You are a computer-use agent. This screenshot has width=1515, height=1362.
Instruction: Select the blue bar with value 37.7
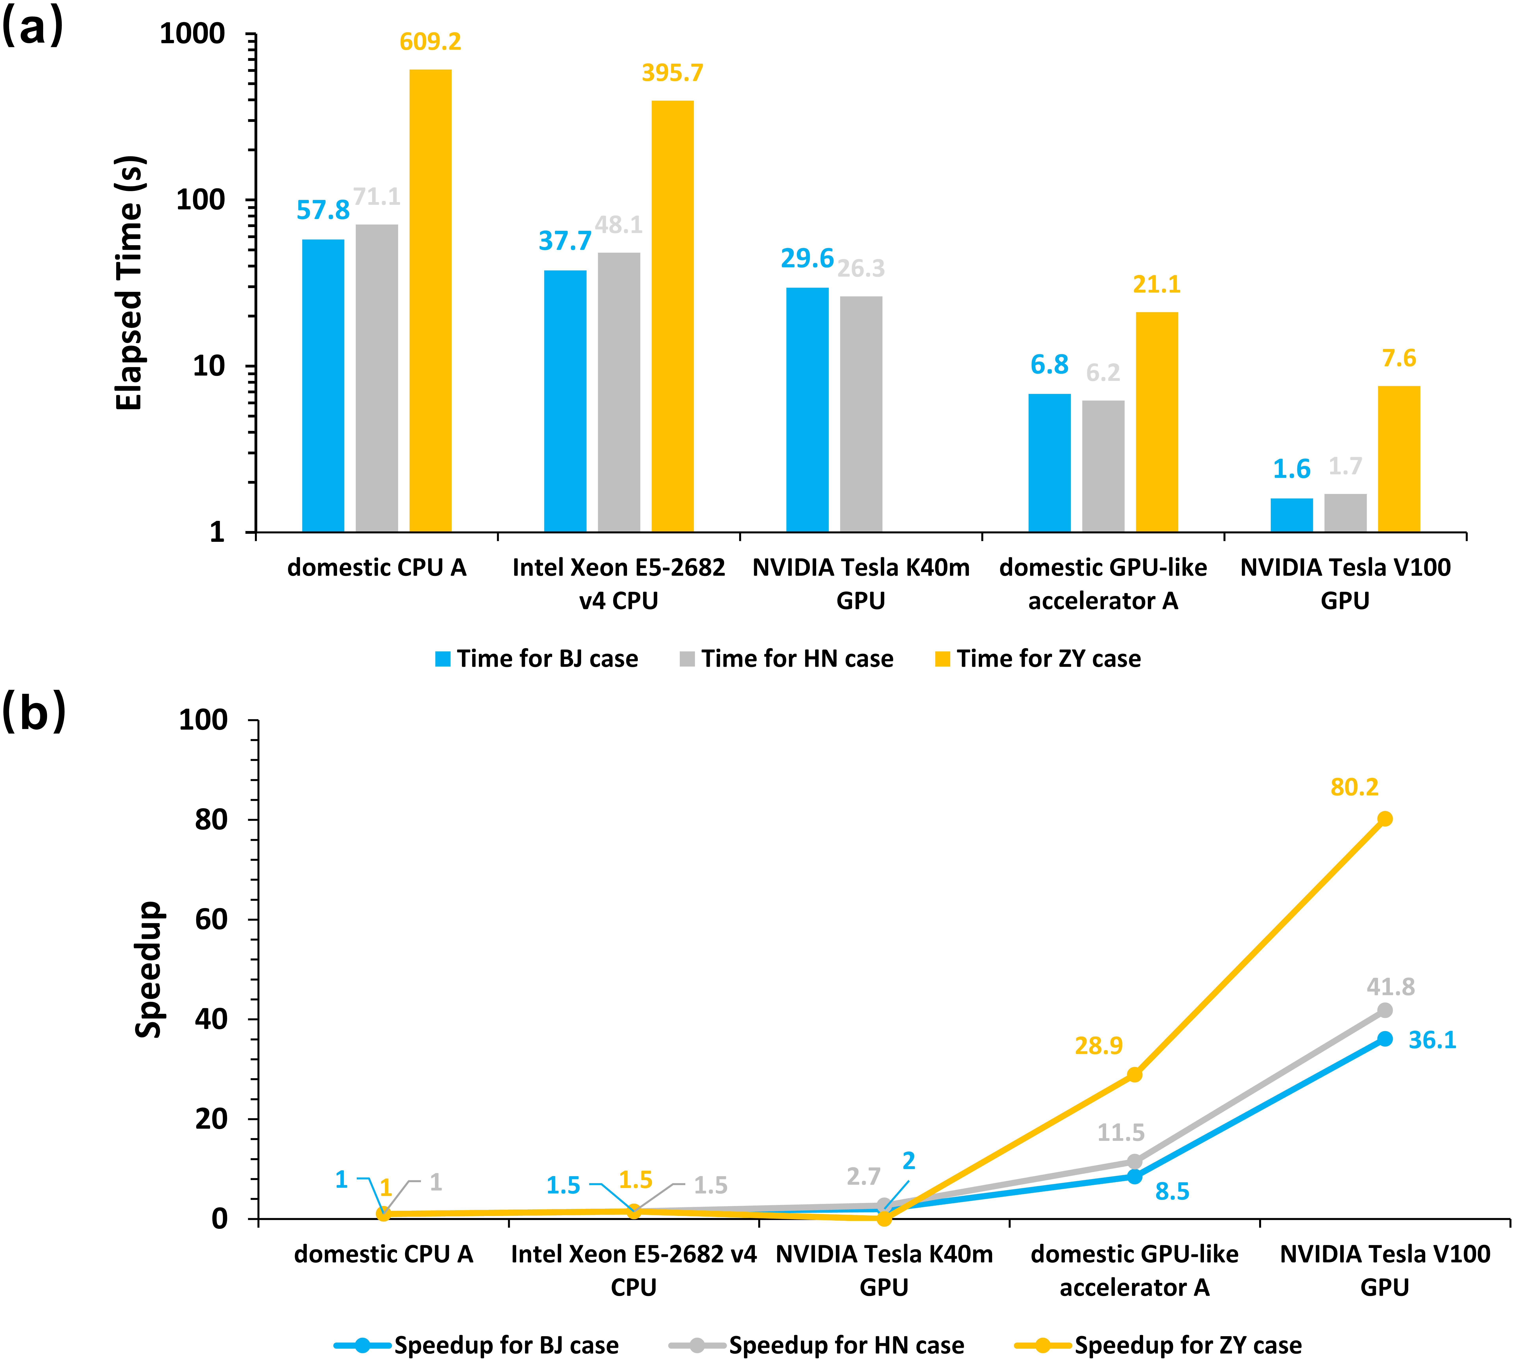click(565, 400)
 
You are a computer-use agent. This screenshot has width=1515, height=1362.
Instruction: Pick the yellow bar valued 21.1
click(1157, 421)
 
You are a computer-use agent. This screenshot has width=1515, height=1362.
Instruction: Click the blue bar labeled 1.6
click(1291, 515)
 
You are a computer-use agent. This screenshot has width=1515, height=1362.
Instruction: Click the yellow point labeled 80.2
click(1385, 819)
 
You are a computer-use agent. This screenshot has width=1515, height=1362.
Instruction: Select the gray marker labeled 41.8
click(1385, 1010)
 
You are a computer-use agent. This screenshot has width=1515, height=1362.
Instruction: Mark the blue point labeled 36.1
click(1385, 1039)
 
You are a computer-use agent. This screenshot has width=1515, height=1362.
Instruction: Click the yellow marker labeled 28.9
click(1134, 1075)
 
